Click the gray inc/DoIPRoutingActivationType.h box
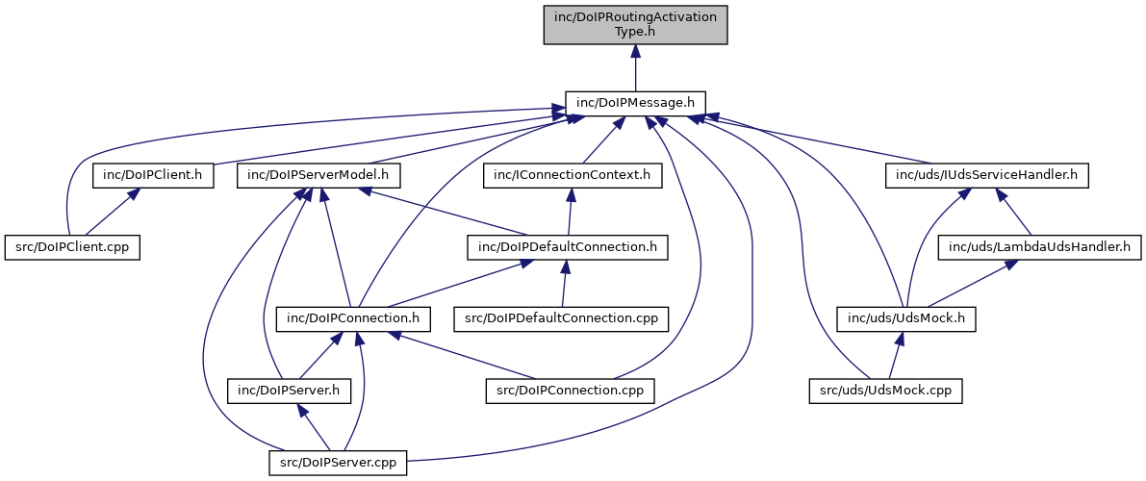[635, 24]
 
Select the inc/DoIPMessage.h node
[635, 101]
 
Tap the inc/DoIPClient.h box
[153, 175]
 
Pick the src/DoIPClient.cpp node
[72, 246]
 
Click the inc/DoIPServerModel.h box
[318, 175]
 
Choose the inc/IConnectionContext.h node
[573, 175]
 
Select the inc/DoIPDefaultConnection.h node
[567, 246]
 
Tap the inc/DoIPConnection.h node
[353, 317]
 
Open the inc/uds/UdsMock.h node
[906, 317]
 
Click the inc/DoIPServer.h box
[290, 390]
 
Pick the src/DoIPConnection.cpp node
[570, 390]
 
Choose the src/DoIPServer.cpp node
[337, 462]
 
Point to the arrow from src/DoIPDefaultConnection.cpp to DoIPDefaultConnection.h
[565, 282]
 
